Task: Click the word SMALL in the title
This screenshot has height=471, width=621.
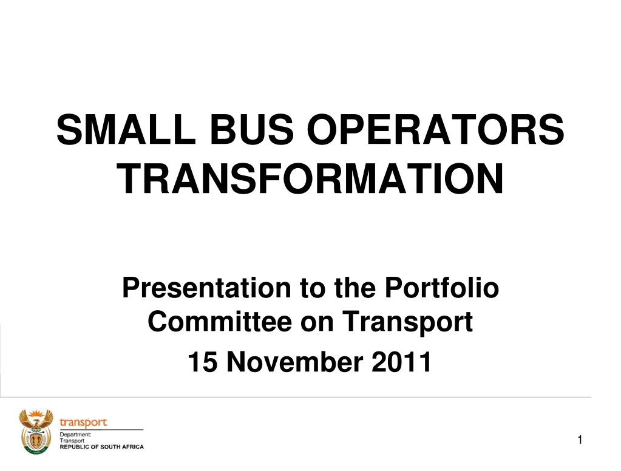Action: coord(126,129)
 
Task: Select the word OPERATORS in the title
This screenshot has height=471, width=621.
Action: coord(436,129)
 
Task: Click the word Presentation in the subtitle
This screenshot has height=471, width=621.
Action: coord(207,288)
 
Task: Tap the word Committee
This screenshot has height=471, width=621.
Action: coord(220,321)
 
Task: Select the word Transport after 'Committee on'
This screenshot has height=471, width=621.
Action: coord(407,322)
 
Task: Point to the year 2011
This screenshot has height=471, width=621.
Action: coord(402,362)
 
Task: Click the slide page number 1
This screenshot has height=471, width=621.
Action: coord(580,439)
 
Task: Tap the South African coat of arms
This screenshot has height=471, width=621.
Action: coord(36,432)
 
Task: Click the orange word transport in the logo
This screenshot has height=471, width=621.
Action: coord(83,422)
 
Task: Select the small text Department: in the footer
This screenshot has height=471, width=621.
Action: coord(75,435)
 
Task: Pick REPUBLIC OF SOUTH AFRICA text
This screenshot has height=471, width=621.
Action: coord(102,447)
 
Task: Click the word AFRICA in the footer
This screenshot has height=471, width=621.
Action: coord(133,447)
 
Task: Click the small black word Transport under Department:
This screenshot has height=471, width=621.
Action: coord(72,441)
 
